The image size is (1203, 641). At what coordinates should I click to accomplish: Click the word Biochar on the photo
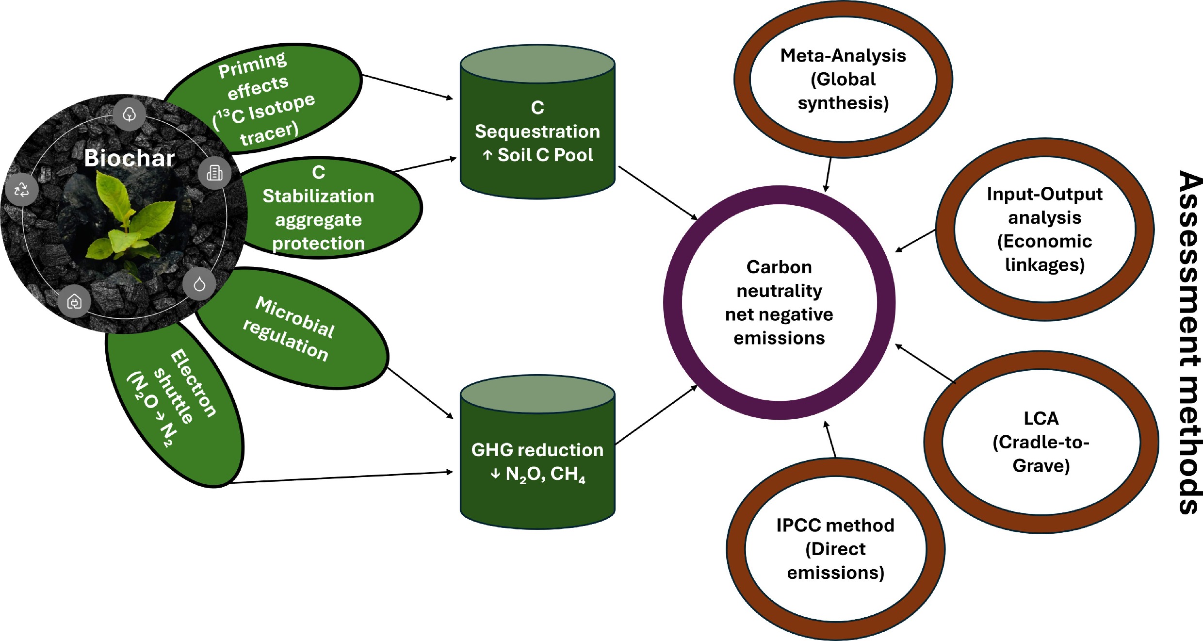coord(129,158)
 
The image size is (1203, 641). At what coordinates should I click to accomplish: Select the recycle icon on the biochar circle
coord(22,189)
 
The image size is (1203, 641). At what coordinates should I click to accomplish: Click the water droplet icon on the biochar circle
coord(199,284)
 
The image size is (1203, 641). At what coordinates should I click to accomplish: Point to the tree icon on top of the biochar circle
coord(129,115)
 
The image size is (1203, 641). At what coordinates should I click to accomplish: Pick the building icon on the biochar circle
coord(215,173)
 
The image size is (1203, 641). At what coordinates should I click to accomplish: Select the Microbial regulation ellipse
coord(296,330)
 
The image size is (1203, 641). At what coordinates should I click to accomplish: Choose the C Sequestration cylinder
coord(537,131)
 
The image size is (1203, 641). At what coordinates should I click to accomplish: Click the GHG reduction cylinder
coord(537,461)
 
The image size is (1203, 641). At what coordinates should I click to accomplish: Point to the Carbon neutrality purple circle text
coord(779,302)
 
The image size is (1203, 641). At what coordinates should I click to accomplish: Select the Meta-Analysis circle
coord(843,79)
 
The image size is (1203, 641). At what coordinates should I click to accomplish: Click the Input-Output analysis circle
coord(1044,229)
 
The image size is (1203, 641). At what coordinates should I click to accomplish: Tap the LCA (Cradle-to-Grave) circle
coord(1041,442)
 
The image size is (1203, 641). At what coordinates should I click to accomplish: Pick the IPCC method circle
coord(835,549)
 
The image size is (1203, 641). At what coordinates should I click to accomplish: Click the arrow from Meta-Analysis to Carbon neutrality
coord(828,175)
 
